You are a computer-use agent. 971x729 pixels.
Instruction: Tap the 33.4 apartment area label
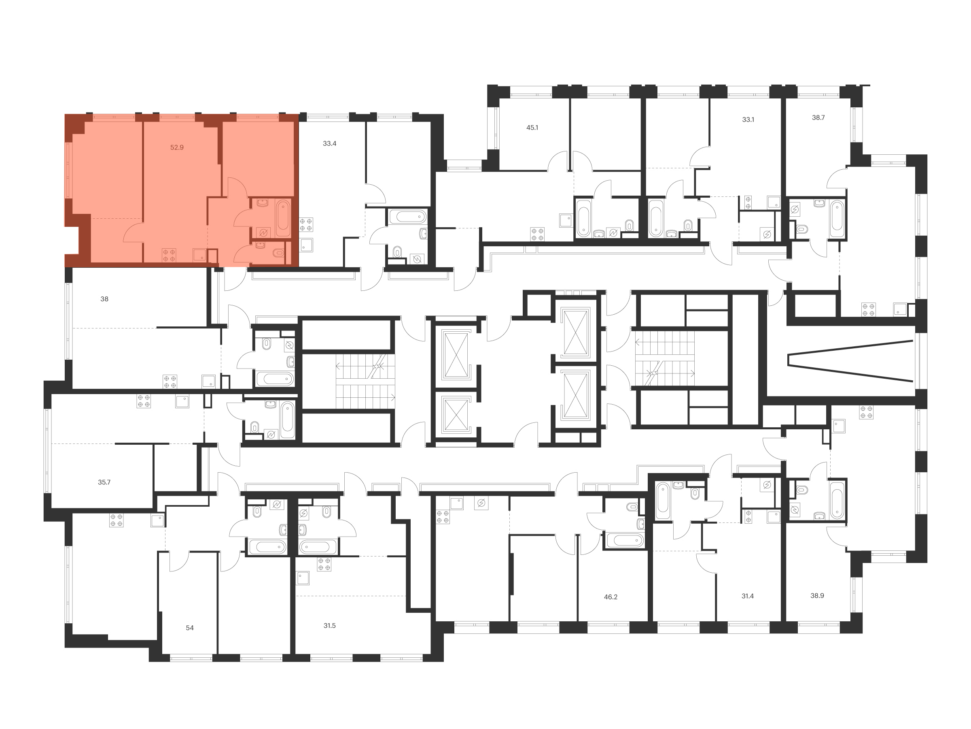pos(329,144)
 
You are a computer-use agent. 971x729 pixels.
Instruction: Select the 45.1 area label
pos(532,128)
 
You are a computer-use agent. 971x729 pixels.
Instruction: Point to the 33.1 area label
pos(748,119)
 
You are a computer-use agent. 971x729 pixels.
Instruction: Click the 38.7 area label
pos(818,118)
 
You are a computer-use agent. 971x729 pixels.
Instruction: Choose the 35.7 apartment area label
pos(104,482)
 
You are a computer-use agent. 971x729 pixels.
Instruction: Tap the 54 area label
pos(190,628)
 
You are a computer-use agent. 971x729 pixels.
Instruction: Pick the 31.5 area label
pos(329,626)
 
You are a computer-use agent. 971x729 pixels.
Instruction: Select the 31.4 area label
pos(748,596)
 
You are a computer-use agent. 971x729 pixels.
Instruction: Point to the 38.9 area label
pos(817,596)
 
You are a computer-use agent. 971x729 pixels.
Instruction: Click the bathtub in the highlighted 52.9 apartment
pos(283,218)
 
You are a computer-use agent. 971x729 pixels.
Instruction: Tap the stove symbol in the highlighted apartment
pos(169,255)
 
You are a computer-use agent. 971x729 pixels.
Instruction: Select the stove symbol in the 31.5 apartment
pos(324,564)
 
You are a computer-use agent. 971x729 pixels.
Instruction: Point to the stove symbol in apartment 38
pos(170,382)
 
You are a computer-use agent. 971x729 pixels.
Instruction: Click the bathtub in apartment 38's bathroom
pos(275,379)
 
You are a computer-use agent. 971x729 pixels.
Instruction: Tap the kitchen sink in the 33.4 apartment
pos(306,245)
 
